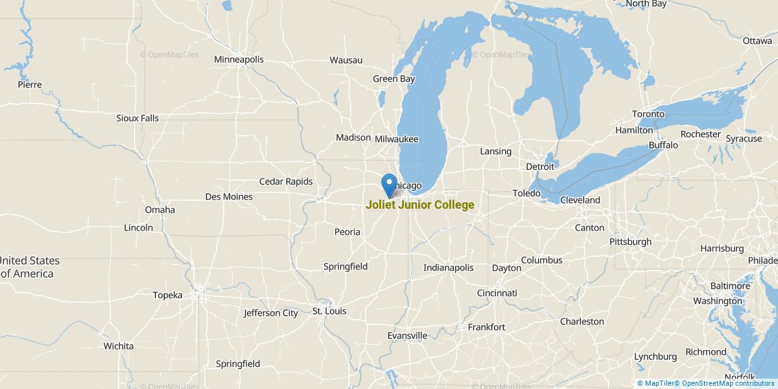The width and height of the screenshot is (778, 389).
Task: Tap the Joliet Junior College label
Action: tap(419, 205)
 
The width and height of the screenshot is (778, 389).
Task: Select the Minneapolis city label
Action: tap(239, 60)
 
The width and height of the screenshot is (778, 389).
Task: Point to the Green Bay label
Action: tap(394, 79)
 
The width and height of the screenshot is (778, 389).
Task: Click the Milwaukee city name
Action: tap(396, 139)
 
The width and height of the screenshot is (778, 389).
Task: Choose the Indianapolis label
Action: tap(448, 268)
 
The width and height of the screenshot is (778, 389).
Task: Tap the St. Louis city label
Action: tap(329, 311)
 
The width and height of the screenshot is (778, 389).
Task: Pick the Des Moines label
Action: tap(228, 196)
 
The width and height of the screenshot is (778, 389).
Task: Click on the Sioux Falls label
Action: tap(137, 118)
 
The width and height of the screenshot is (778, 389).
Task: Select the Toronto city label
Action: tap(648, 114)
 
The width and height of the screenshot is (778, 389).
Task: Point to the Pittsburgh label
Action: tap(630, 242)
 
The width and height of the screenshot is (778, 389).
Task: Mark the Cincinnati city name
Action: tap(497, 293)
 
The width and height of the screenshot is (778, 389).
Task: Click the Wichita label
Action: tap(119, 346)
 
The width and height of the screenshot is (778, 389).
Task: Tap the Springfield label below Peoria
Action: tap(346, 266)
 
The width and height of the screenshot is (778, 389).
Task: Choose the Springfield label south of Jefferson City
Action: tap(238, 364)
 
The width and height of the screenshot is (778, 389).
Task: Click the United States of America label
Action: tap(30, 267)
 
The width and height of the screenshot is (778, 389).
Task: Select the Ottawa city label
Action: tap(757, 41)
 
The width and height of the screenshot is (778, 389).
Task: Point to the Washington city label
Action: tap(718, 301)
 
